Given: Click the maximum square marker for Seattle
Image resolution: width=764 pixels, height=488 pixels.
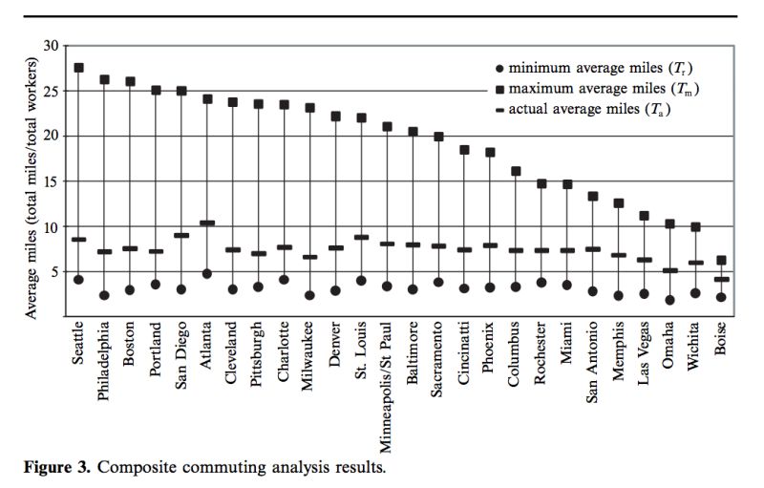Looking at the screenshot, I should pos(78,68).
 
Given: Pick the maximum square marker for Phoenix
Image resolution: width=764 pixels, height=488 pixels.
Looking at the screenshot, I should pos(490,152).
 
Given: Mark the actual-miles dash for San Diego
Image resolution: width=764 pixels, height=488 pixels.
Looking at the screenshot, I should pos(181,235).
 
